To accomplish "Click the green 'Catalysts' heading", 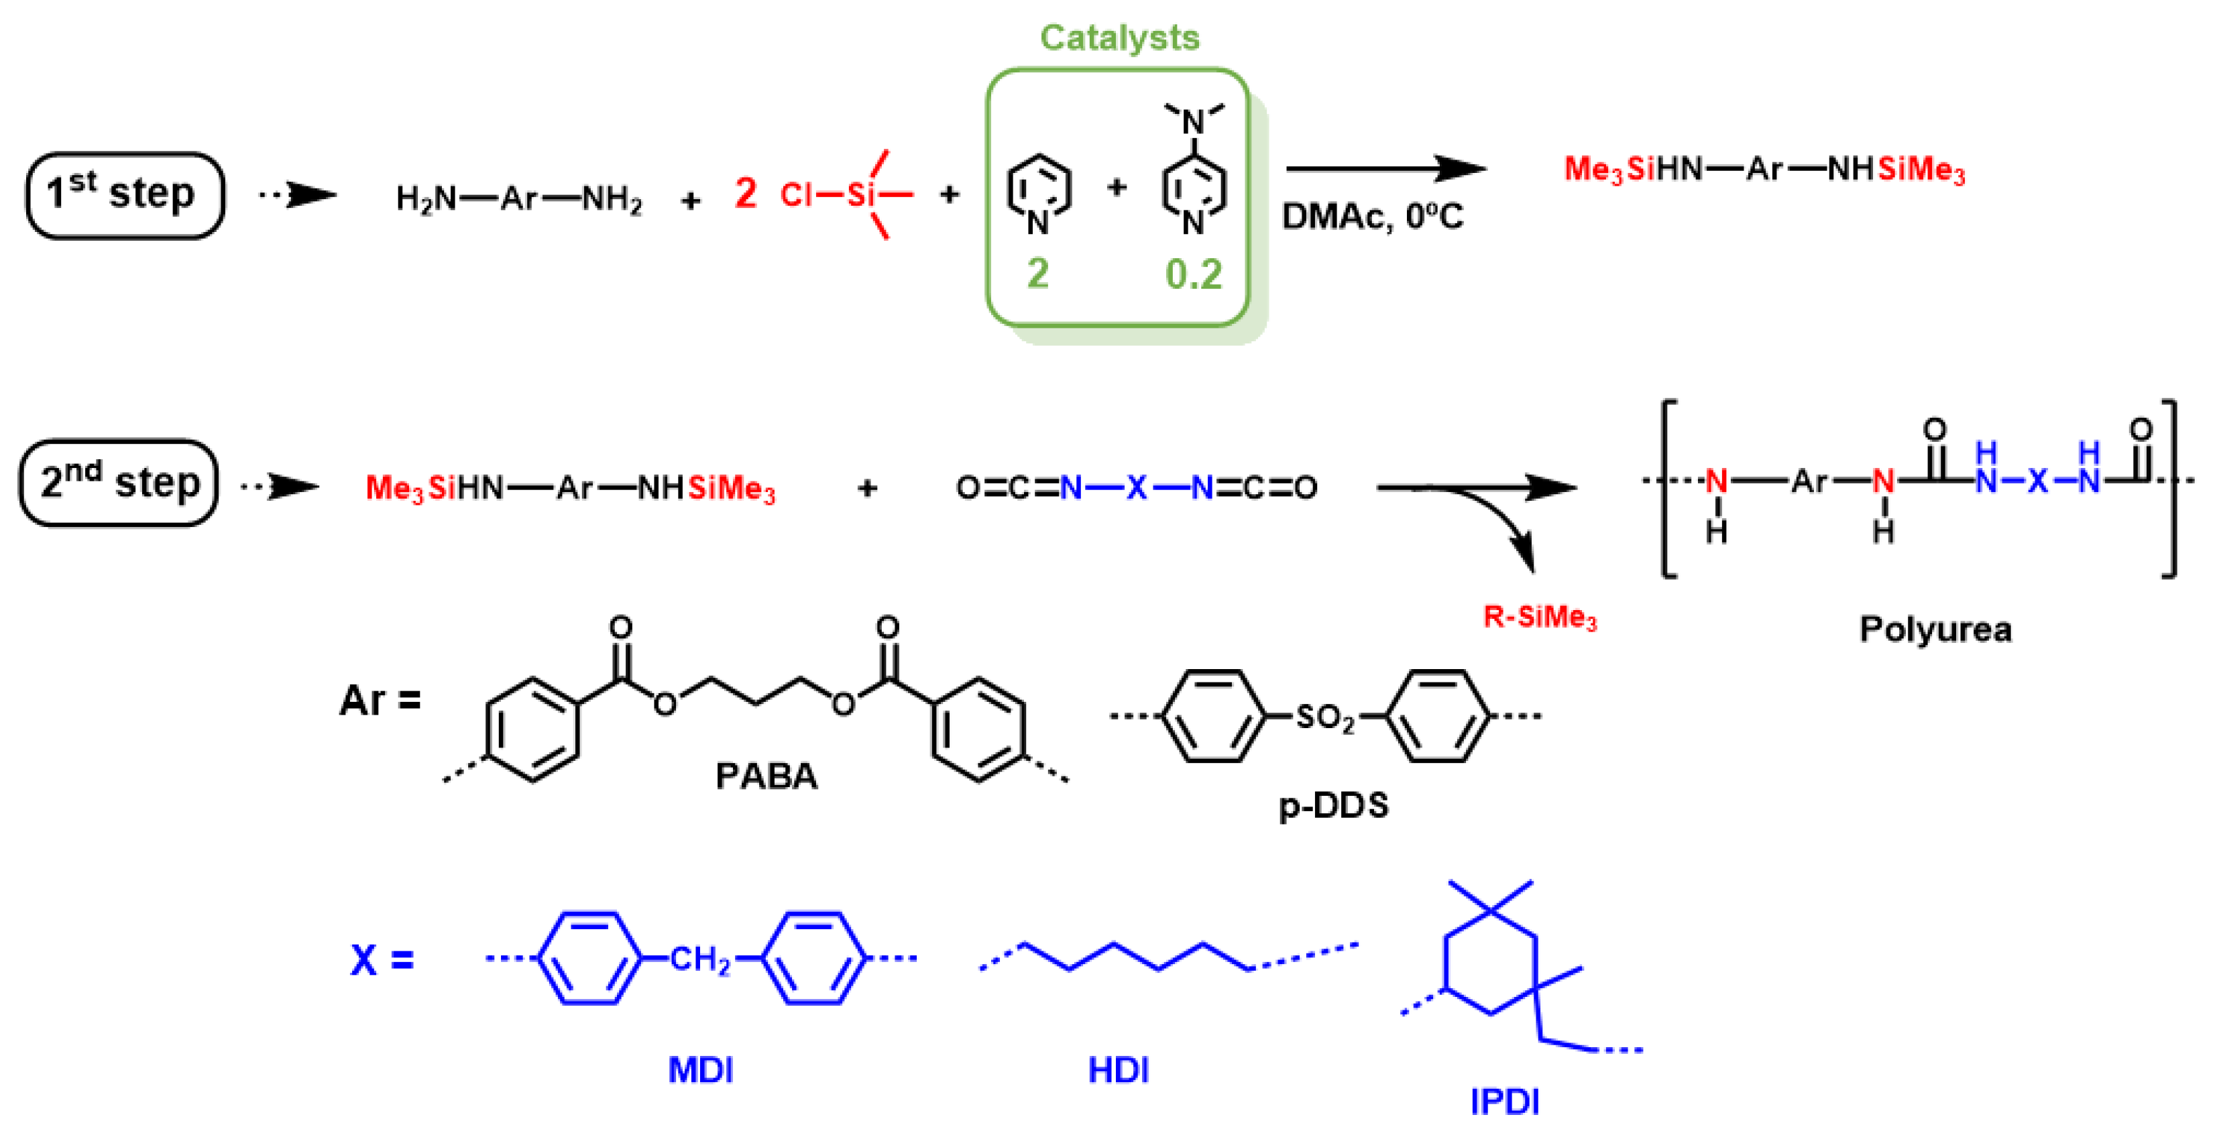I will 1119,38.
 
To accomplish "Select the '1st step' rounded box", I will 125,194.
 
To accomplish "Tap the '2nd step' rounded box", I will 119,483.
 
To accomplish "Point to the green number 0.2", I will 1194,274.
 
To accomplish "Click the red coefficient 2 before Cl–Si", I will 745,193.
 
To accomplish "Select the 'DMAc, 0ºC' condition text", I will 1373,216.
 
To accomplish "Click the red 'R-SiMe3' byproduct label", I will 1540,617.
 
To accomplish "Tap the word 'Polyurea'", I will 1935,629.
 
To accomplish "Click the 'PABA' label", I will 766,776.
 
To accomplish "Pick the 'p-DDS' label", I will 1333,805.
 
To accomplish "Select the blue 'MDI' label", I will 701,1069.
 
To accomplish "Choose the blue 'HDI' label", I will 1118,1069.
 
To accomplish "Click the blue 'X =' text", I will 382,959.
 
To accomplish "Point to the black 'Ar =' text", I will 380,700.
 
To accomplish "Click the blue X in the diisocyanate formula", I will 1137,488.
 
